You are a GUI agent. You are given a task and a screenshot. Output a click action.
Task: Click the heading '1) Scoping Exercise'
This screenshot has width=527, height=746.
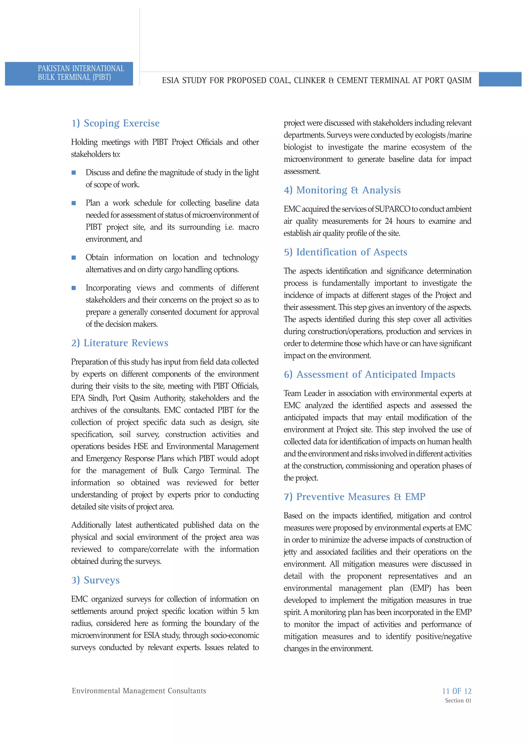pos(115,123)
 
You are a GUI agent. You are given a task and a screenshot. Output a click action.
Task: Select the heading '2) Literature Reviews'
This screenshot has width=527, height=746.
pos(119,343)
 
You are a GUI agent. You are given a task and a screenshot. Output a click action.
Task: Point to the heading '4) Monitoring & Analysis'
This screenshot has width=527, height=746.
pos(342,190)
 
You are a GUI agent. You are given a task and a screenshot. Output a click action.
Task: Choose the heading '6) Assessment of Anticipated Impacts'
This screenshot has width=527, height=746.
pos(370,374)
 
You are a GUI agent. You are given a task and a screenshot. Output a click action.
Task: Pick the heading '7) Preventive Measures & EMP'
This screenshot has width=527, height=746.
pos(355,497)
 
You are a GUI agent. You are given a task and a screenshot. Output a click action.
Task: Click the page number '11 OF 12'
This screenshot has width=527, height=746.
pos(456,691)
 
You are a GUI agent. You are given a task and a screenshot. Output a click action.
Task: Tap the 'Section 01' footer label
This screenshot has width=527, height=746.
pos(458,700)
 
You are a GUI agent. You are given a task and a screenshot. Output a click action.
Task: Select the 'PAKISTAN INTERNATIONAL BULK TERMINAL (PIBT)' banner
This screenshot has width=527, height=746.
pos(69,73)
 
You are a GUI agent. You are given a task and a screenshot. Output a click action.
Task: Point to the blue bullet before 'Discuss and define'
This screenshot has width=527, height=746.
pos(74,173)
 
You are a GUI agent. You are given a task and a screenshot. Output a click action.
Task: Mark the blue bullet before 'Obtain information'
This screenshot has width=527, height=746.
pos(74,258)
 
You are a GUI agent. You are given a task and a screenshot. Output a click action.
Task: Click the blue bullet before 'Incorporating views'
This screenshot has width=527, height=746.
pos(74,288)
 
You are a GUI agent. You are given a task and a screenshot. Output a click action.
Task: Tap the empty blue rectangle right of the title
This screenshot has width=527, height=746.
pos(500,80)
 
